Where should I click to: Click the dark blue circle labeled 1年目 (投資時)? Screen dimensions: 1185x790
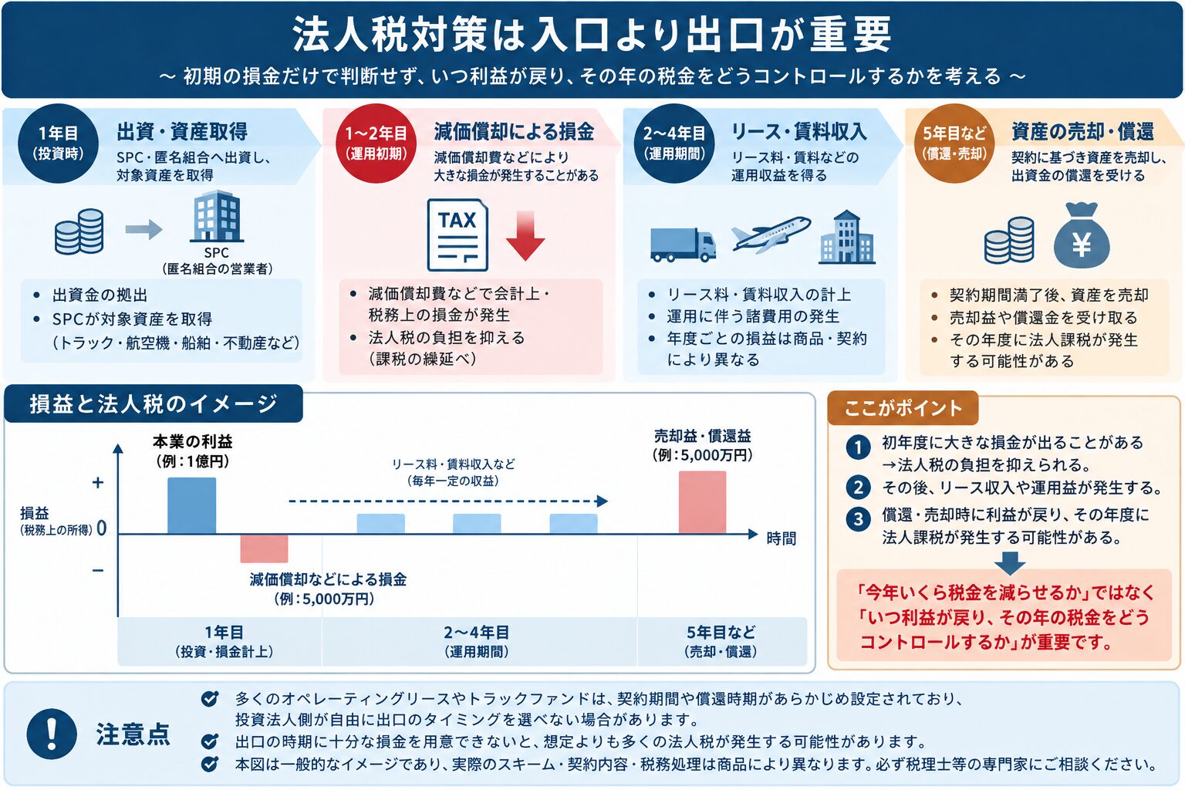point(58,143)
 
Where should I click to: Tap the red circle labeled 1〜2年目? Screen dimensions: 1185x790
point(376,143)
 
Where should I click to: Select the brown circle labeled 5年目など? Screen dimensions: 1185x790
point(955,143)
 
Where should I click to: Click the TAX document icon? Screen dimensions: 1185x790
point(457,235)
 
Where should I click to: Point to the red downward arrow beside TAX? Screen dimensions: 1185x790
point(525,235)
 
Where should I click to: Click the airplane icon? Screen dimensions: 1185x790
point(771,234)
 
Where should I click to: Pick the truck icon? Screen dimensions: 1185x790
point(683,245)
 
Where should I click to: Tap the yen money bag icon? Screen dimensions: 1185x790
point(1082,235)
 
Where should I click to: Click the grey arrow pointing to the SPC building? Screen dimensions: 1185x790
point(144,229)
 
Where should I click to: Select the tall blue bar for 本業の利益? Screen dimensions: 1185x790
point(191,506)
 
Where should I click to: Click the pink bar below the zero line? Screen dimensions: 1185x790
point(264,549)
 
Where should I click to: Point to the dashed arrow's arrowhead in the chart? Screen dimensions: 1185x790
point(602,501)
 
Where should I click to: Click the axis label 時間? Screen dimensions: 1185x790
point(782,538)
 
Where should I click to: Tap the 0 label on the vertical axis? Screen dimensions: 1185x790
point(102,528)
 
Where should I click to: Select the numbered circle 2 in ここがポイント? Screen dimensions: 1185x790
point(858,488)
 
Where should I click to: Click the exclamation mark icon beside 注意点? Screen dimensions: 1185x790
point(52,734)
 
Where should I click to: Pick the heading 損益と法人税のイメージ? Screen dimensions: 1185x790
point(154,403)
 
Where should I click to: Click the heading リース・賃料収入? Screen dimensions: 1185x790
point(798,132)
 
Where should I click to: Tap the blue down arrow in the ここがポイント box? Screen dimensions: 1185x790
point(1010,563)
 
